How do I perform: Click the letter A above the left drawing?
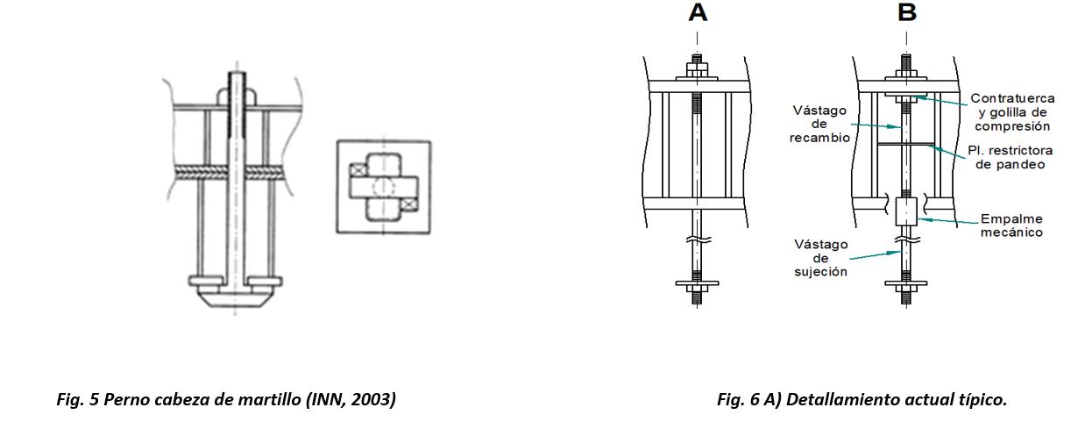pos(698,13)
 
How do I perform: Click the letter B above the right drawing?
pos(906,13)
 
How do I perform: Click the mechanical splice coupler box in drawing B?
pos(906,211)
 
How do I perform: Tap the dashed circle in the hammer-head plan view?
pos(383,188)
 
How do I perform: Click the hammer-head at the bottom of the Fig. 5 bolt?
pos(236,293)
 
